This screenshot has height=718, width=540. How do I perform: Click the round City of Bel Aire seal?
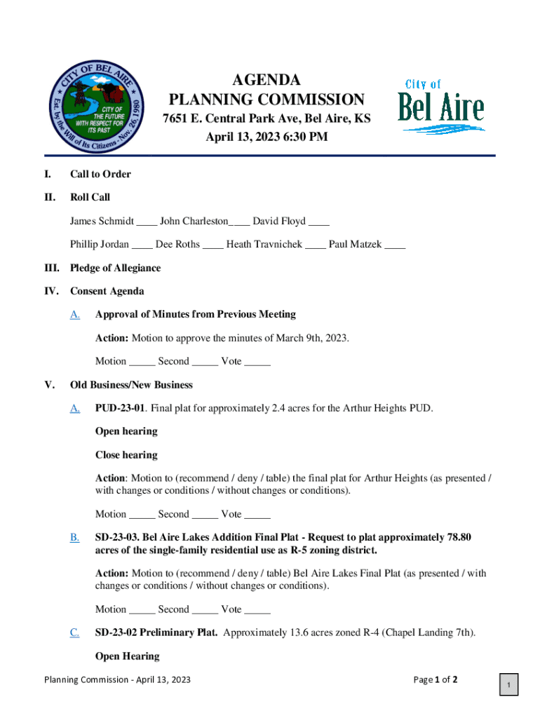click(x=97, y=107)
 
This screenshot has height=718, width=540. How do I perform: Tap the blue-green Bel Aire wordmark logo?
click(x=441, y=107)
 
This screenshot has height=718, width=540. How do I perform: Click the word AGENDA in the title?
click(x=266, y=80)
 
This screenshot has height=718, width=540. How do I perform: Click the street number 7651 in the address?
click(x=176, y=118)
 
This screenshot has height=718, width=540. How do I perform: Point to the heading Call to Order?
click(x=100, y=174)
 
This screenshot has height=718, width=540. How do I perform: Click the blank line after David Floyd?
click(x=319, y=223)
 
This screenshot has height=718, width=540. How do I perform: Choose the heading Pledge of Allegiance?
click(x=115, y=268)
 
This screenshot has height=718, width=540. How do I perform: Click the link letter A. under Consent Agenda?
click(x=74, y=314)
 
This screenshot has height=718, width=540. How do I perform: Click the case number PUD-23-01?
click(x=121, y=407)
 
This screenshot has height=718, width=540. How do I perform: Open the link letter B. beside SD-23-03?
click(x=74, y=538)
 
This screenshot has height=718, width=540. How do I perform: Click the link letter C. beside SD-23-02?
click(x=74, y=632)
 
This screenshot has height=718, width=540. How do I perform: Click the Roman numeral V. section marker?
click(x=49, y=385)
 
